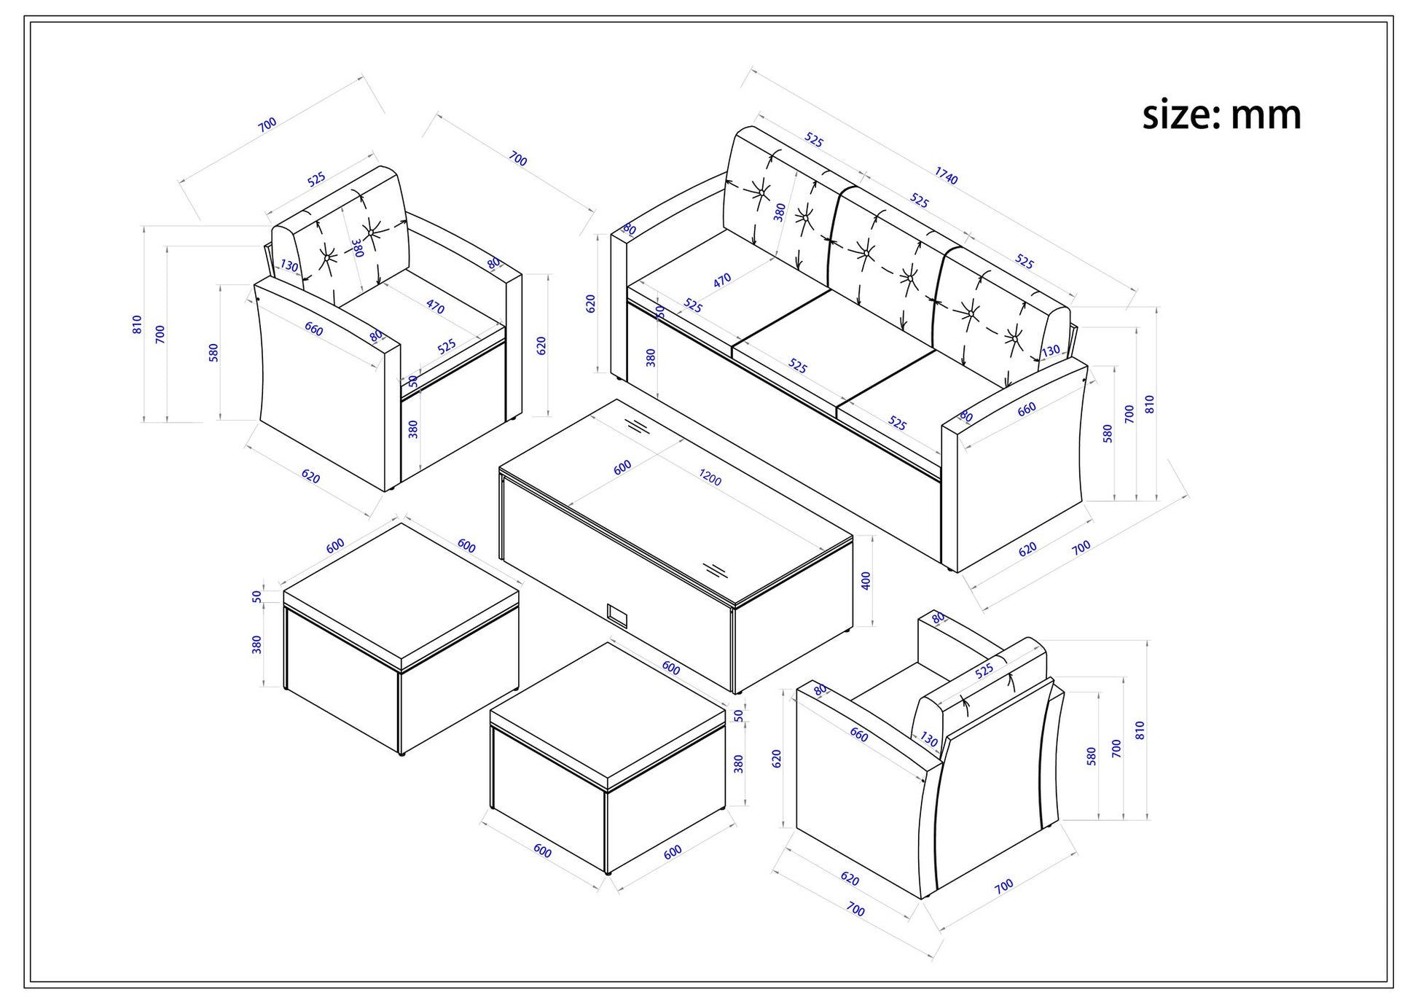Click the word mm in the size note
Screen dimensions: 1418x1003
click(1266, 116)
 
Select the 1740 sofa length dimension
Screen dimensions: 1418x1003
click(946, 176)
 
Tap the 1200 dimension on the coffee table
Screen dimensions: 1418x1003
click(710, 477)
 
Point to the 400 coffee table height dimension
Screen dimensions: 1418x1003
click(866, 581)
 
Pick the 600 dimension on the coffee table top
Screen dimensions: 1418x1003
click(622, 467)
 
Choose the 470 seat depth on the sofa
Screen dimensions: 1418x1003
click(721, 280)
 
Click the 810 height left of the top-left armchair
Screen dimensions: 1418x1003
click(137, 324)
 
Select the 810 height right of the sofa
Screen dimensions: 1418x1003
click(1149, 405)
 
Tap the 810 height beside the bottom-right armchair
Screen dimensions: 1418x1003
click(1140, 730)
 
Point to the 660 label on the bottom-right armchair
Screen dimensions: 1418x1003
click(859, 735)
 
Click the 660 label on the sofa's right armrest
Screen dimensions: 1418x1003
click(1026, 410)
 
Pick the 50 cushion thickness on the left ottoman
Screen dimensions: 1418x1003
click(256, 596)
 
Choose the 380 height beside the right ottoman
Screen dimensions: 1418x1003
click(738, 763)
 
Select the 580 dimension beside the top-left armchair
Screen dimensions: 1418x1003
click(214, 353)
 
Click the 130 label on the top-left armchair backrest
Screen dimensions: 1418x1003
click(289, 266)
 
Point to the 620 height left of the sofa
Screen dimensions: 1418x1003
click(590, 304)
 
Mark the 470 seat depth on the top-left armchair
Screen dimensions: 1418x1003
click(435, 307)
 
